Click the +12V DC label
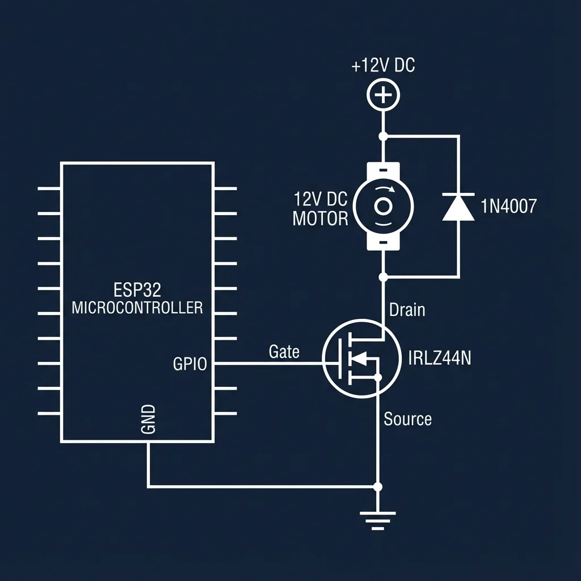coord(383,66)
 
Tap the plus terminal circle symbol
coord(384,95)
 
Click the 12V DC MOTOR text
coord(321,209)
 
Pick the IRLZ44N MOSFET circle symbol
coord(361,359)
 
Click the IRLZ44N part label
coord(439,359)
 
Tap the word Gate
coord(284,352)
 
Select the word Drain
coord(407,310)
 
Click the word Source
coord(407,419)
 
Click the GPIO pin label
coord(190,364)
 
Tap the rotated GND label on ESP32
coord(147,420)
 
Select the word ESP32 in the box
coord(137,290)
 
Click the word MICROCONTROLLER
coord(137,308)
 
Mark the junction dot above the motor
coord(384,136)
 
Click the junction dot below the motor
coord(384,277)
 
